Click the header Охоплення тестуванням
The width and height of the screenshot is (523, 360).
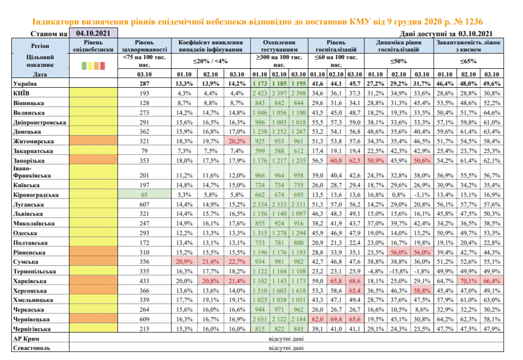[x=279, y=46]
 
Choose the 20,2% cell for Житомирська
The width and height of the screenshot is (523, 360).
[x=237, y=141]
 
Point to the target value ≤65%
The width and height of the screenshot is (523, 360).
[x=468, y=62]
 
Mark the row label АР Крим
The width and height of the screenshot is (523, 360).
[x=26, y=339]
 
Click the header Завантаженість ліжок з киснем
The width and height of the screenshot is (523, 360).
[x=468, y=46]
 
